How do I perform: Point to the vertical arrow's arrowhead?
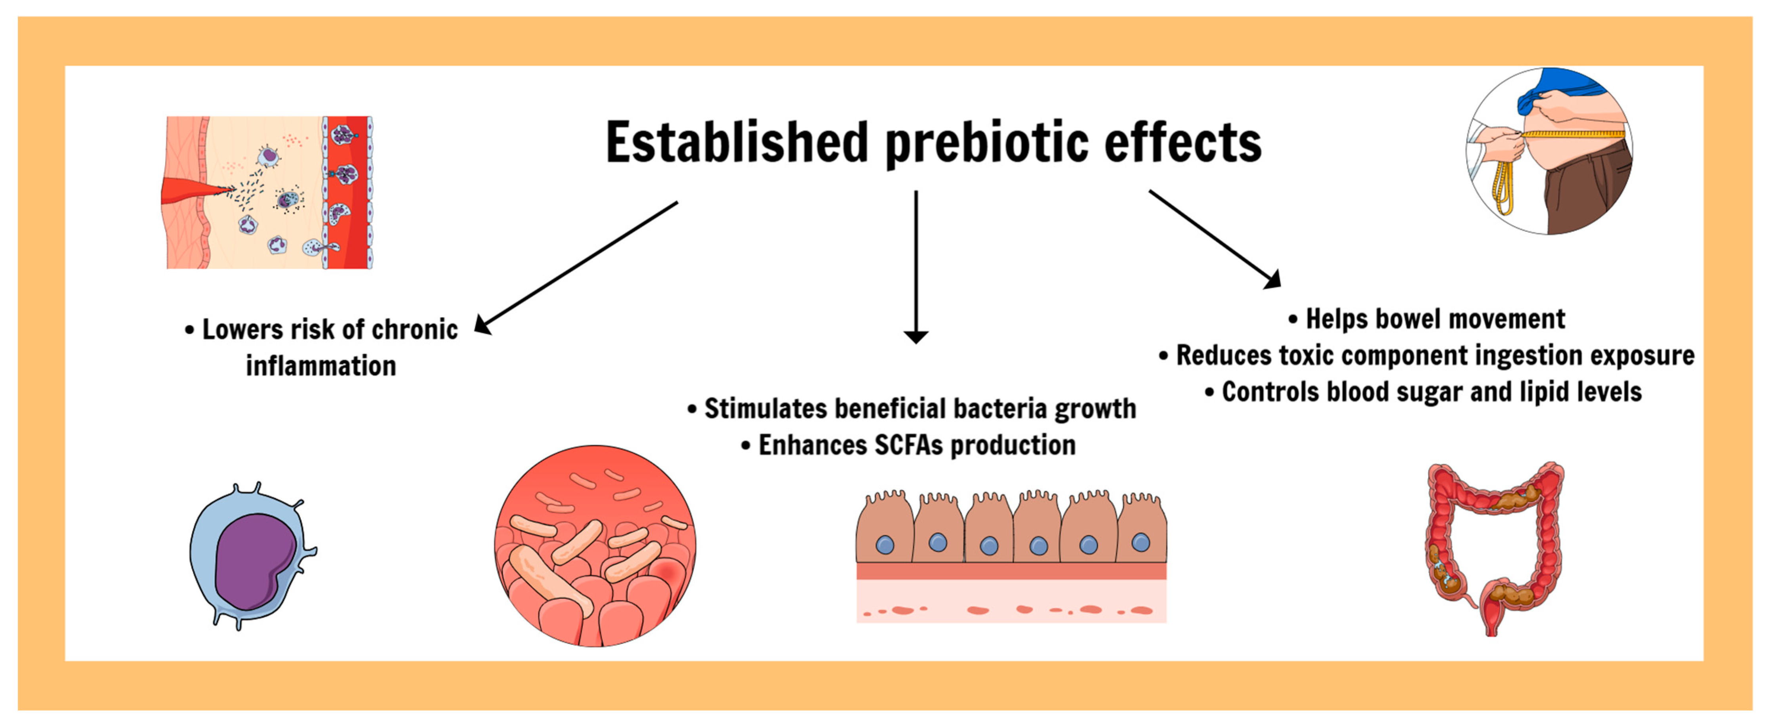point(915,336)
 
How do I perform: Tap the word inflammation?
point(321,366)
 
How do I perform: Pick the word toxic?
point(1306,356)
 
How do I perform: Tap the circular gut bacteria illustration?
point(594,546)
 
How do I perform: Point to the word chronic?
point(414,330)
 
